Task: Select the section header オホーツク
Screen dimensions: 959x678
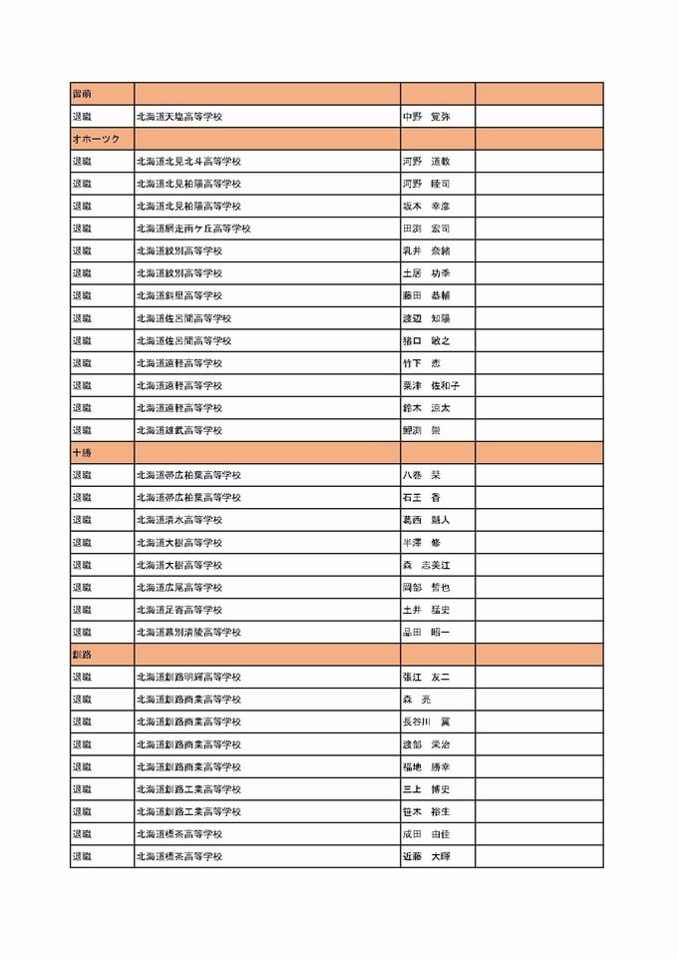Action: (95, 139)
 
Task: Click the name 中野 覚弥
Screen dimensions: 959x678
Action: (426, 117)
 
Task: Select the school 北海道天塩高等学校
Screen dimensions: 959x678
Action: (179, 117)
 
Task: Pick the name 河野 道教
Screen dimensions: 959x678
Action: (426, 161)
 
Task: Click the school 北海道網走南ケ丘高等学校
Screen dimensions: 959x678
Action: (193, 229)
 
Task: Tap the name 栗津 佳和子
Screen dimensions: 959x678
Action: (431, 385)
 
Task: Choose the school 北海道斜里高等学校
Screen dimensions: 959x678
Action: (179, 295)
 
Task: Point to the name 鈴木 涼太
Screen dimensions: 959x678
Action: (426, 408)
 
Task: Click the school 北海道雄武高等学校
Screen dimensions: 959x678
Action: (179, 430)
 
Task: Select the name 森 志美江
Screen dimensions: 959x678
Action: (426, 565)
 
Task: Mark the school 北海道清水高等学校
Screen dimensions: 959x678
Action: (179, 520)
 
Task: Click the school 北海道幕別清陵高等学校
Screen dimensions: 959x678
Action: (188, 632)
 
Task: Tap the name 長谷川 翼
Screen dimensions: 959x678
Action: (426, 721)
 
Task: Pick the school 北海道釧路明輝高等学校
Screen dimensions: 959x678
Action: (188, 677)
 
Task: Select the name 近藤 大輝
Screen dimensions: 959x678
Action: (426, 856)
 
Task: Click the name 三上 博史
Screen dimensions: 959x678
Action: (426, 788)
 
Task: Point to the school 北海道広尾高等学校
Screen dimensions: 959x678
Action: (179, 587)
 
